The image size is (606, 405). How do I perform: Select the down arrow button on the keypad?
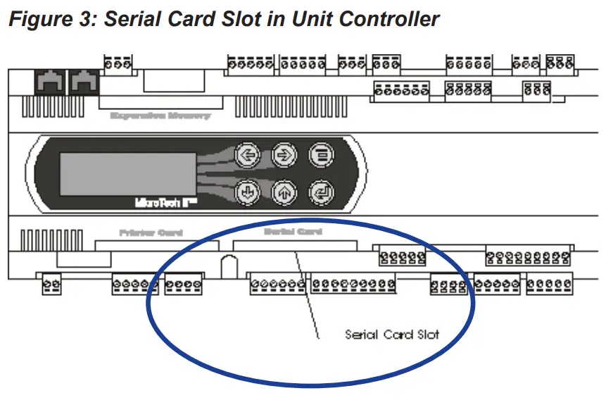[247, 191]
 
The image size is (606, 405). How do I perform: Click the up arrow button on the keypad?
[283, 191]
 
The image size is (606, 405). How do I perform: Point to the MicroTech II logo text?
[158, 201]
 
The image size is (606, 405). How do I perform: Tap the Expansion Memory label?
[160, 116]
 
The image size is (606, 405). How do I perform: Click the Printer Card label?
[151, 232]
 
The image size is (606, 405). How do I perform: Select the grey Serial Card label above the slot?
[293, 231]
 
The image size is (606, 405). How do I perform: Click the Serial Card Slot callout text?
[391, 334]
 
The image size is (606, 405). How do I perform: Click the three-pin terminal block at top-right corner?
[560, 64]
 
